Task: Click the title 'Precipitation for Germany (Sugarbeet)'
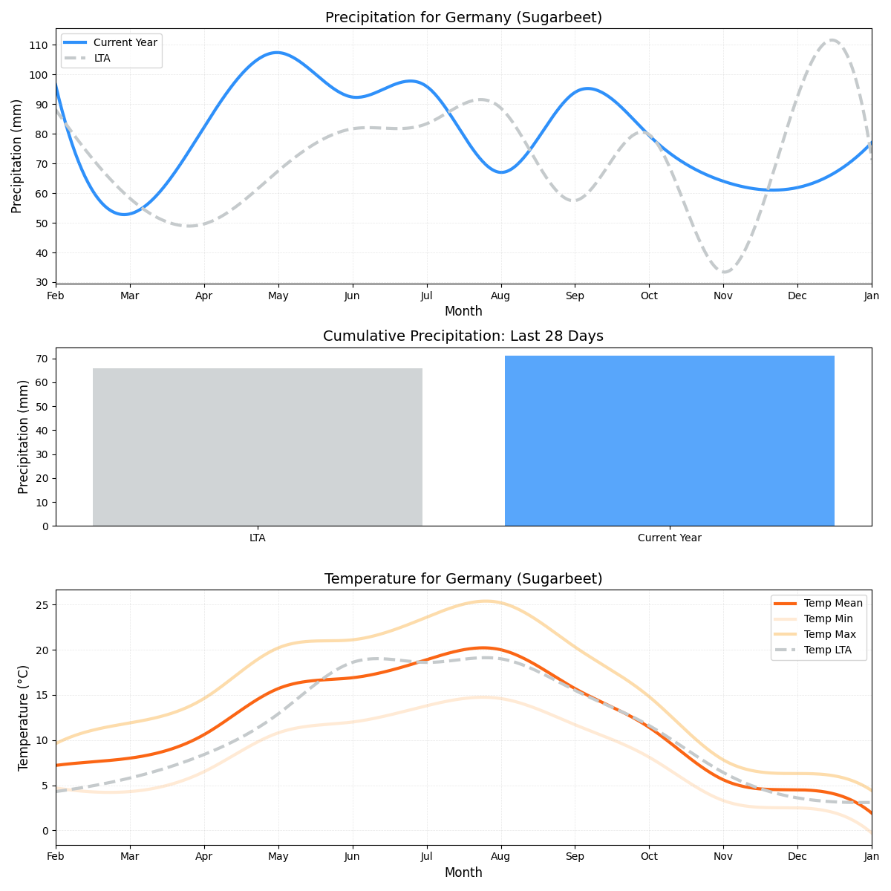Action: tap(463, 18)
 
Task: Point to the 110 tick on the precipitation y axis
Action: tap(38, 45)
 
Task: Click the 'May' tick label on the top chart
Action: tap(278, 296)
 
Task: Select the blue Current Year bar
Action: tap(669, 441)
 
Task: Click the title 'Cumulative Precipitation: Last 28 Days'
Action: tap(463, 336)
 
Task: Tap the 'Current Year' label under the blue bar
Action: tap(669, 538)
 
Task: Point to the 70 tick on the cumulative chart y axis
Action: tap(42, 359)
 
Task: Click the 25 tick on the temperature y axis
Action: tap(42, 605)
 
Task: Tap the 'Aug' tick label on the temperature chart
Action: tap(501, 857)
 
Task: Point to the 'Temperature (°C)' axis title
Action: tap(23, 717)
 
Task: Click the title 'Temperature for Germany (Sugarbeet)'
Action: tap(463, 579)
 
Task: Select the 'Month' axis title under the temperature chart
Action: tap(463, 872)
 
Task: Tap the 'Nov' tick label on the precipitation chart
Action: tap(723, 296)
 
